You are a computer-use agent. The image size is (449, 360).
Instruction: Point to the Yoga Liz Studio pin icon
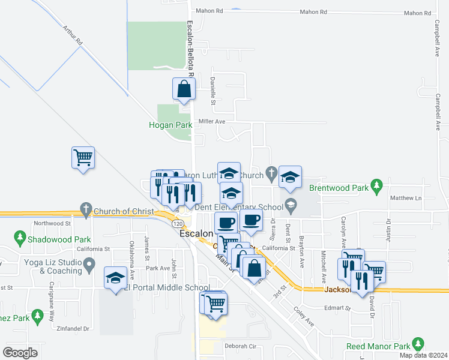coord(89,263)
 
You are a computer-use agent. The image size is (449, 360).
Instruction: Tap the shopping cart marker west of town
coord(83,158)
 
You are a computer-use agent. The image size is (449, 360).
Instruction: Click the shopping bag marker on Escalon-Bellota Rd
coord(184,89)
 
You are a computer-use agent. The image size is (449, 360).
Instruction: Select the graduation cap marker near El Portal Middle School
coord(116,279)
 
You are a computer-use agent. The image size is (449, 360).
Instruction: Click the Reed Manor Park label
coord(378,346)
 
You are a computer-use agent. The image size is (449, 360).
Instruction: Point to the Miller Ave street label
coord(211,121)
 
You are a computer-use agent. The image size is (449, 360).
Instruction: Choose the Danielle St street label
coord(212,88)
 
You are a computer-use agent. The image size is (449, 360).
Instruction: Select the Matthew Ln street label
coord(406,198)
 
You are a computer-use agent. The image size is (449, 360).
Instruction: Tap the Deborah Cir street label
coord(240,346)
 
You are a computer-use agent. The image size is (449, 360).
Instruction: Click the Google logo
coord(20,353)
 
